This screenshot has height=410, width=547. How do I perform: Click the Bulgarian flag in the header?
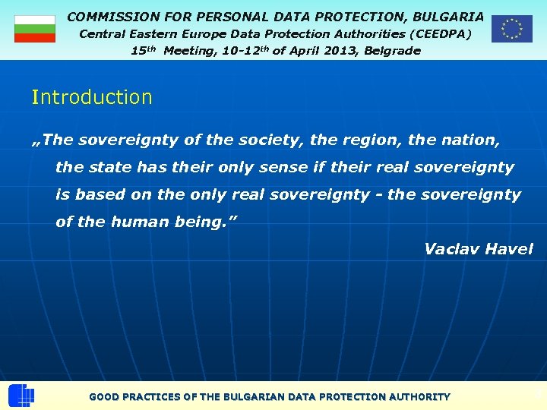(35, 29)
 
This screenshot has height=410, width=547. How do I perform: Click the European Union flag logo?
(511, 29)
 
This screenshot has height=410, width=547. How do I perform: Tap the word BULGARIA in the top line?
(448, 16)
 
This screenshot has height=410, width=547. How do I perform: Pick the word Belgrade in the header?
(391, 51)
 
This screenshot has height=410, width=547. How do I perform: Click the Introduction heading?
(92, 97)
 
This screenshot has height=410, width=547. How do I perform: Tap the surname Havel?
(510, 249)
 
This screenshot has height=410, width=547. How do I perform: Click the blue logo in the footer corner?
(21, 396)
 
